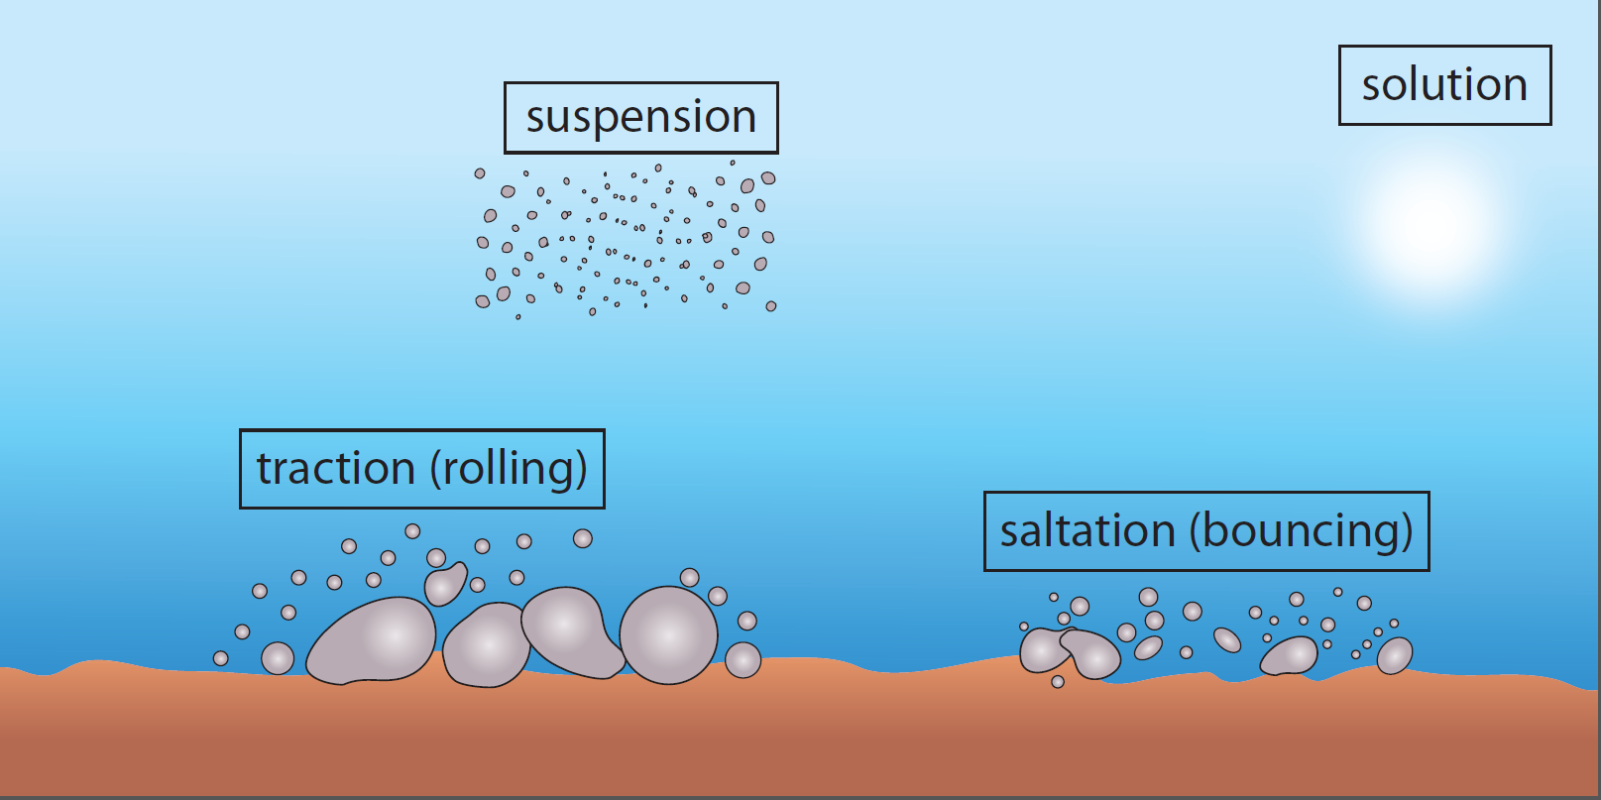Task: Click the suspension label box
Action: pyautogui.click(x=641, y=118)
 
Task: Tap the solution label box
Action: pyautogui.click(x=1444, y=85)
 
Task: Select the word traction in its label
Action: pyautogui.click(x=335, y=468)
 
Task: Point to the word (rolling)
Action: pyautogui.click(x=510, y=468)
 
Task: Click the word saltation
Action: pyautogui.click(x=1087, y=531)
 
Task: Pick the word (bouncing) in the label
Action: pyautogui.click(x=1301, y=531)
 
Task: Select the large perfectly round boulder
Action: pyautogui.click(x=668, y=635)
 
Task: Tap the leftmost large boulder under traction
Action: pyautogui.click(x=373, y=640)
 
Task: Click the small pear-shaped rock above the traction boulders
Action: pyautogui.click(x=445, y=583)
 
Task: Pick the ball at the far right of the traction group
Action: pyautogui.click(x=743, y=660)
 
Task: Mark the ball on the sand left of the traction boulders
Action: pyautogui.click(x=278, y=657)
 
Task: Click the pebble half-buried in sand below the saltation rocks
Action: pyautogui.click(x=1058, y=682)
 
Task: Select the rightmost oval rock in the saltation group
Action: pyautogui.click(x=1395, y=655)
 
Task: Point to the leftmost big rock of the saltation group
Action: pyautogui.click(x=1043, y=650)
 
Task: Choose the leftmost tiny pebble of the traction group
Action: pyautogui.click(x=221, y=658)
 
